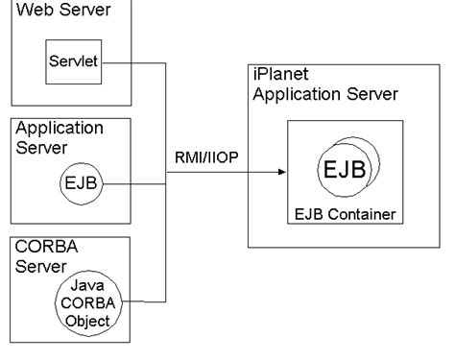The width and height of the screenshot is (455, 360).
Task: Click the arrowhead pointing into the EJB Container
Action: tap(281, 172)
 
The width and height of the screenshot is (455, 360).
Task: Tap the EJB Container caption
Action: tap(346, 211)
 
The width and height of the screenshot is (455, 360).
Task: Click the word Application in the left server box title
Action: tap(59, 128)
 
